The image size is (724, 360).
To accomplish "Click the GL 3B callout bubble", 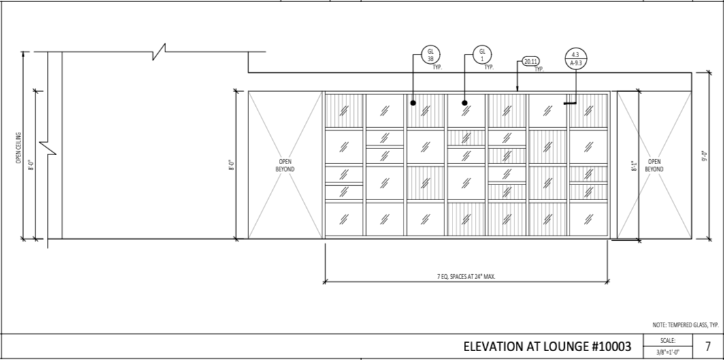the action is pos(431,55).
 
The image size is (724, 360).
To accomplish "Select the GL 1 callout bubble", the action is pos(482,55).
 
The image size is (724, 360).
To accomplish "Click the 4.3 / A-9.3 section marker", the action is pos(576,59).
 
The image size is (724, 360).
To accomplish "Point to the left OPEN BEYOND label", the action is pos(285,165).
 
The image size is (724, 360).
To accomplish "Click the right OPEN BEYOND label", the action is pos(654,165).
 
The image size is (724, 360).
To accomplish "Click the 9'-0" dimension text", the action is pos(705,156).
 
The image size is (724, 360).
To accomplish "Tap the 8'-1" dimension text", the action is pos(633,165).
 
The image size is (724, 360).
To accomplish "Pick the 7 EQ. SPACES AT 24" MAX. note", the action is pos(466,276).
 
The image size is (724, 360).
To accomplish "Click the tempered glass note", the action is pos(680,325).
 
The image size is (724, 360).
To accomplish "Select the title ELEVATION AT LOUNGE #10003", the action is pos(547,346).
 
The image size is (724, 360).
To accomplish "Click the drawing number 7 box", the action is pos(708,346).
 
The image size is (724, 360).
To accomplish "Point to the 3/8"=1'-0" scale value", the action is pos(668,353).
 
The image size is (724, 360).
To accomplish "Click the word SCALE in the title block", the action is pos(668,340).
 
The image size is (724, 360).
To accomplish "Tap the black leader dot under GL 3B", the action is pos(413,103).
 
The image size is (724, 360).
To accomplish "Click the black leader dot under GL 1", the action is pos(465,103).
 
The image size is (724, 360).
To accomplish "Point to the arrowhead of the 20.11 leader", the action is pos(518,89).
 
